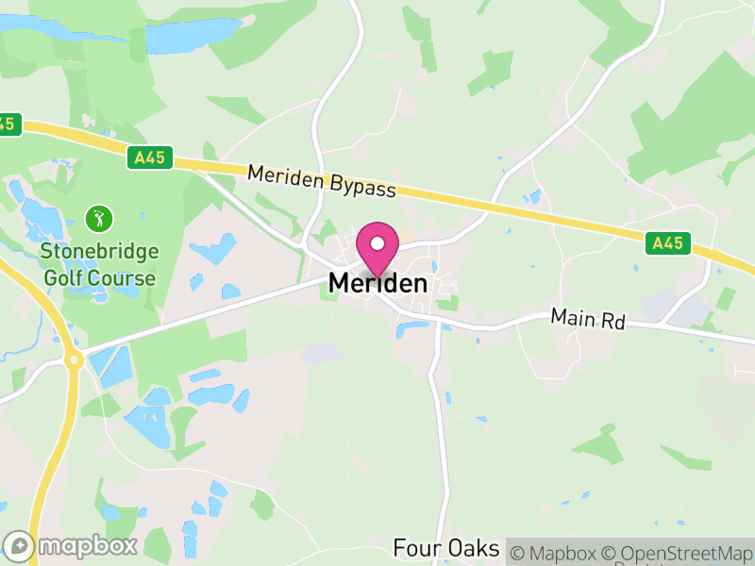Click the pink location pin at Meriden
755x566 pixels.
coord(377,248)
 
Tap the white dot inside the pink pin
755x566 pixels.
coord(377,243)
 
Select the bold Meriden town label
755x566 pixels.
coord(377,283)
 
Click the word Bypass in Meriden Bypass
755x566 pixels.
coord(363,187)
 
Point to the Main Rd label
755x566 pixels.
coord(588,321)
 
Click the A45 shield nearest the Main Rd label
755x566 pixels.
coord(668,243)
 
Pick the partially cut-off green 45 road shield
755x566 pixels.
coord(8,124)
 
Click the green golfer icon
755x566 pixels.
coord(99,220)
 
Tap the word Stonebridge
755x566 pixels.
coord(99,253)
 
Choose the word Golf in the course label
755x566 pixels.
coord(62,278)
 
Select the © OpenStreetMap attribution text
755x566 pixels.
coord(676,553)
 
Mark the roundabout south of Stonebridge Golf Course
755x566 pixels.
coord(71,358)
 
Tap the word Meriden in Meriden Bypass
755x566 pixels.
coord(286,176)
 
